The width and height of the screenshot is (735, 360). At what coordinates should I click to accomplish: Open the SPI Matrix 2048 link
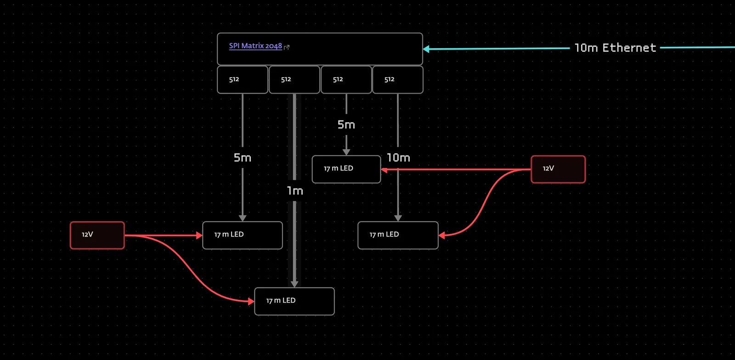[x=255, y=46]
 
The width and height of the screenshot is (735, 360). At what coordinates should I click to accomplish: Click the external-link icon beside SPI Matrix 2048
[x=287, y=47]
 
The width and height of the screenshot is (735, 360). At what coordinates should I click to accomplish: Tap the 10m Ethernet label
[x=615, y=48]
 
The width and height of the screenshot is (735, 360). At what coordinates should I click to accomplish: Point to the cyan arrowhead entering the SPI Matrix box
[x=426, y=49]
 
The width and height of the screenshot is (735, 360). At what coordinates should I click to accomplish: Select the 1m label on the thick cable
[x=294, y=191]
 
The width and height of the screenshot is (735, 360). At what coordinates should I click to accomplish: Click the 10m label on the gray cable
[x=398, y=157]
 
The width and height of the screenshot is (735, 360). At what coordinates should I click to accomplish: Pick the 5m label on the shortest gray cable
[x=346, y=124]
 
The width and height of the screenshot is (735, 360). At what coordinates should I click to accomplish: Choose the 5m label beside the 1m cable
[x=243, y=157]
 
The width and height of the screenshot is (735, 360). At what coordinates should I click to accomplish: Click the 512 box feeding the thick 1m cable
[x=294, y=80]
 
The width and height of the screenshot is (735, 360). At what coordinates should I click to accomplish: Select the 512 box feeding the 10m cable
[x=398, y=80]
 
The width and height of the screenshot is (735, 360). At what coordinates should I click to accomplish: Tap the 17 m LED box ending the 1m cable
[x=294, y=301]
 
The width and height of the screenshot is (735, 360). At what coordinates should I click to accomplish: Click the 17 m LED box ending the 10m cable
[x=398, y=236]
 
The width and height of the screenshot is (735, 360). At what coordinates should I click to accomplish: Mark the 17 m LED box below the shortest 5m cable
[x=346, y=169]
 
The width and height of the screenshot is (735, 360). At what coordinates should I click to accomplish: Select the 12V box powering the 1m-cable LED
[x=97, y=236]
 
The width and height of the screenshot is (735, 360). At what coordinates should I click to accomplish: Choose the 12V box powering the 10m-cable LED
[x=558, y=169]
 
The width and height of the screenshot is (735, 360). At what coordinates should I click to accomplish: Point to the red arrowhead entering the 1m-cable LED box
[x=251, y=301]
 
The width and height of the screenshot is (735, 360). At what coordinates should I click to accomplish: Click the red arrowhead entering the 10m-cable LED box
[x=441, y=236]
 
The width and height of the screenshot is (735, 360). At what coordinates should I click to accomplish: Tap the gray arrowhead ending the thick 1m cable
[x=294, y=284]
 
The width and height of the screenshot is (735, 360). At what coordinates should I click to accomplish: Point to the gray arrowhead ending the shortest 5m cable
[x=346, y=152]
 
